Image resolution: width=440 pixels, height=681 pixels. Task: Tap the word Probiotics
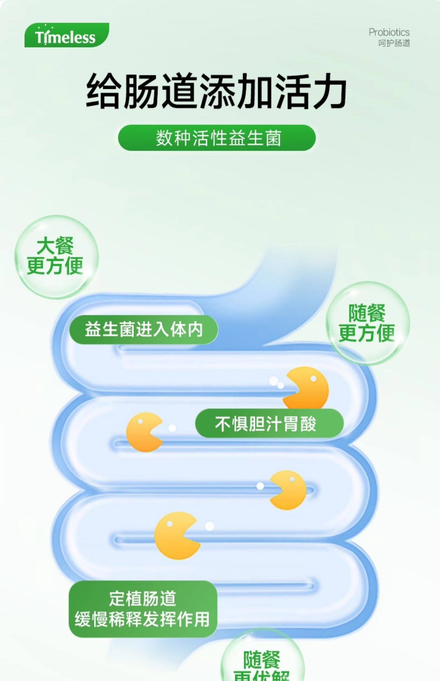[x=389, y=32]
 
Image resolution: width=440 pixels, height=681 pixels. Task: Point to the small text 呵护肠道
[x=394, y=43]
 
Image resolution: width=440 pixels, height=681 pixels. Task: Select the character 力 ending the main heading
[x=329, y=91]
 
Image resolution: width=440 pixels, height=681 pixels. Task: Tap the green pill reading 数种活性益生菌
[x=217, y=138]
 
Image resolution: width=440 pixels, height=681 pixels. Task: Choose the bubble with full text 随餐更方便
[x=368, y=323]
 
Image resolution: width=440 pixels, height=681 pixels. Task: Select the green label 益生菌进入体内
[x=144, y=329]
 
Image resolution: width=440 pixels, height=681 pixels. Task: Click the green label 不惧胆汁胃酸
[x=269, y=423]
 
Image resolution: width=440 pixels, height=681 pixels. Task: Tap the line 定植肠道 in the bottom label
[x=143, y=599]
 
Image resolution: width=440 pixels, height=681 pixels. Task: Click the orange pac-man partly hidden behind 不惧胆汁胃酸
[x=307, y=387]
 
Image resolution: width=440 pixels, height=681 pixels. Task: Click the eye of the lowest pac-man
[x=170, y=524]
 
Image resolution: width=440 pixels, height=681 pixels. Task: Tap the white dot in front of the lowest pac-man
[x=209, y=526]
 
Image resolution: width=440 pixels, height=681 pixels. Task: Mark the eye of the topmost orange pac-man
[x=313, y=379]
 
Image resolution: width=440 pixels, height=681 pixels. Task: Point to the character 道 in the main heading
[x=180, y=91]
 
